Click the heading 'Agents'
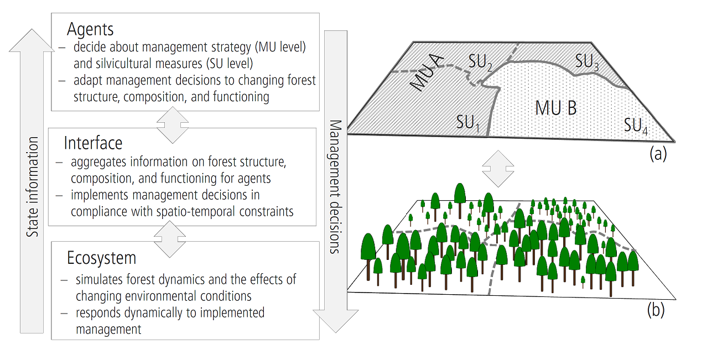click(90, 30)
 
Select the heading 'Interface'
click(93, 143)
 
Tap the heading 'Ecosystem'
click(101, 258)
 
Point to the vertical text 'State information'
click(32, 187)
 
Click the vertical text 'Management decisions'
click(335, 187)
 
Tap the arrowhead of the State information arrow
click(32, 40)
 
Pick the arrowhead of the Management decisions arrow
click(336, 321)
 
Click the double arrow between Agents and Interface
click(173, 125)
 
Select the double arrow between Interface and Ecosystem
click(170, 239)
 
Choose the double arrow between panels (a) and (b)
click(498, 169)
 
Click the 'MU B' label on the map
click(556, 108)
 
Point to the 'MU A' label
click(427, 73)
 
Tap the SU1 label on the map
click(468, 122)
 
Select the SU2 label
click(480, 62)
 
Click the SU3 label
click(587, 61)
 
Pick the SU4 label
click(636, 126)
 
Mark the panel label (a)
click(658, 154)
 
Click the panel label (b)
click(656, 310)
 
